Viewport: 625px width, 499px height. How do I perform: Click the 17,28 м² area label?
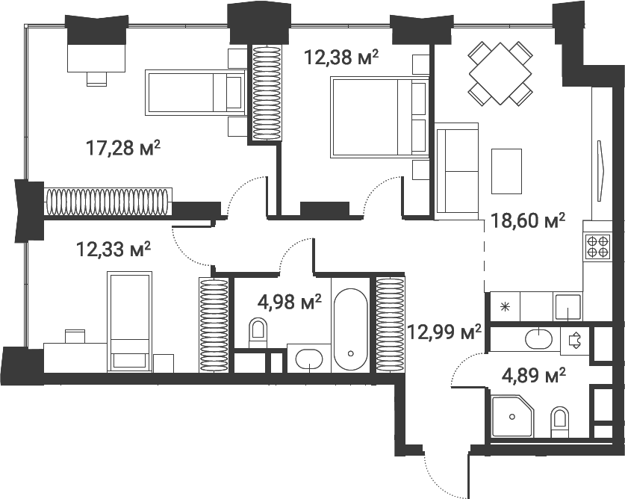coord(124,148)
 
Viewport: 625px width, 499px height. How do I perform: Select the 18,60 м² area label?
coord(527,220)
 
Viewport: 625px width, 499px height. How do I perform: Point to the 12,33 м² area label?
coord(114,247)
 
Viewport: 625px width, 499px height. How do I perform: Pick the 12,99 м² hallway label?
coord(444,330)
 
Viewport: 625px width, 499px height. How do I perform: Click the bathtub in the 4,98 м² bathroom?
coord(350,329)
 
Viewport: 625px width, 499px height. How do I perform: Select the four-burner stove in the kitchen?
coord(598,246)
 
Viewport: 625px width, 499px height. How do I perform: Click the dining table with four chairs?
coord(500,72)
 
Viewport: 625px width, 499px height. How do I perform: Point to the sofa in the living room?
coord(456,172)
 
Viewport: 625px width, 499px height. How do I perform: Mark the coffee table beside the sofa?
coord(507,170)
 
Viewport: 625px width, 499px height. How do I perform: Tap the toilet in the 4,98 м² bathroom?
coord(258,331)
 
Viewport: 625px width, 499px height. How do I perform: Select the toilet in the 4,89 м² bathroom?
coord(559,423)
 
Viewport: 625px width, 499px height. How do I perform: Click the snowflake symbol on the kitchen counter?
coord(504,306)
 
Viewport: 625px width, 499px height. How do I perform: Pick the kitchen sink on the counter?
coord(567,306)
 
